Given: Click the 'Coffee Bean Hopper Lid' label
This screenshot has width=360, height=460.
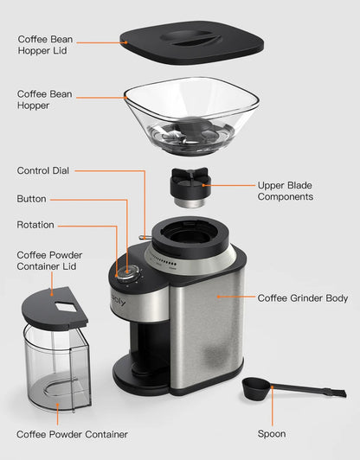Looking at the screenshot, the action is [45, 45].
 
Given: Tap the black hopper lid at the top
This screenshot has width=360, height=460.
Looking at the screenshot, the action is [191, 42].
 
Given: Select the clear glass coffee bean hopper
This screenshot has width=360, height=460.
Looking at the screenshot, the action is [191, 116].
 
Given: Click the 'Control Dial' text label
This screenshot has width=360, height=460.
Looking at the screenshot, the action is [43, 170].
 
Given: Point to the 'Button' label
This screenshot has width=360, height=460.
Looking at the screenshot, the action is [31, 199].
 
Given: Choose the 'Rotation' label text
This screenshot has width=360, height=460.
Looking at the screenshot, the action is [35, 225].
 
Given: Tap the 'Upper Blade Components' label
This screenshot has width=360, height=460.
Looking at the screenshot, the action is [285, 191].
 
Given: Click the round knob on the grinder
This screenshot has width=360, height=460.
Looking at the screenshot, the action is [128, 273].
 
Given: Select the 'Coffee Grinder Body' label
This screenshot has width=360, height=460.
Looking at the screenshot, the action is [303, 298].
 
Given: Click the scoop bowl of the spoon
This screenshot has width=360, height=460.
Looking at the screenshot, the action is [256, 388].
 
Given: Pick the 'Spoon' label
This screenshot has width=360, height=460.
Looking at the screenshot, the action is [272, 433].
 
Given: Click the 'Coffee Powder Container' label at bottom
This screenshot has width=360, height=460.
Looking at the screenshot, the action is [72, 434].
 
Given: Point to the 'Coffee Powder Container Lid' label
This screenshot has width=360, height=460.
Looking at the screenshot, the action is [49, 260].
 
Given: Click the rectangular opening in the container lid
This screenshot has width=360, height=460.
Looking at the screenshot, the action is [67, 307].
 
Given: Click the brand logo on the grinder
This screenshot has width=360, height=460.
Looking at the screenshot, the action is [119, 301].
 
